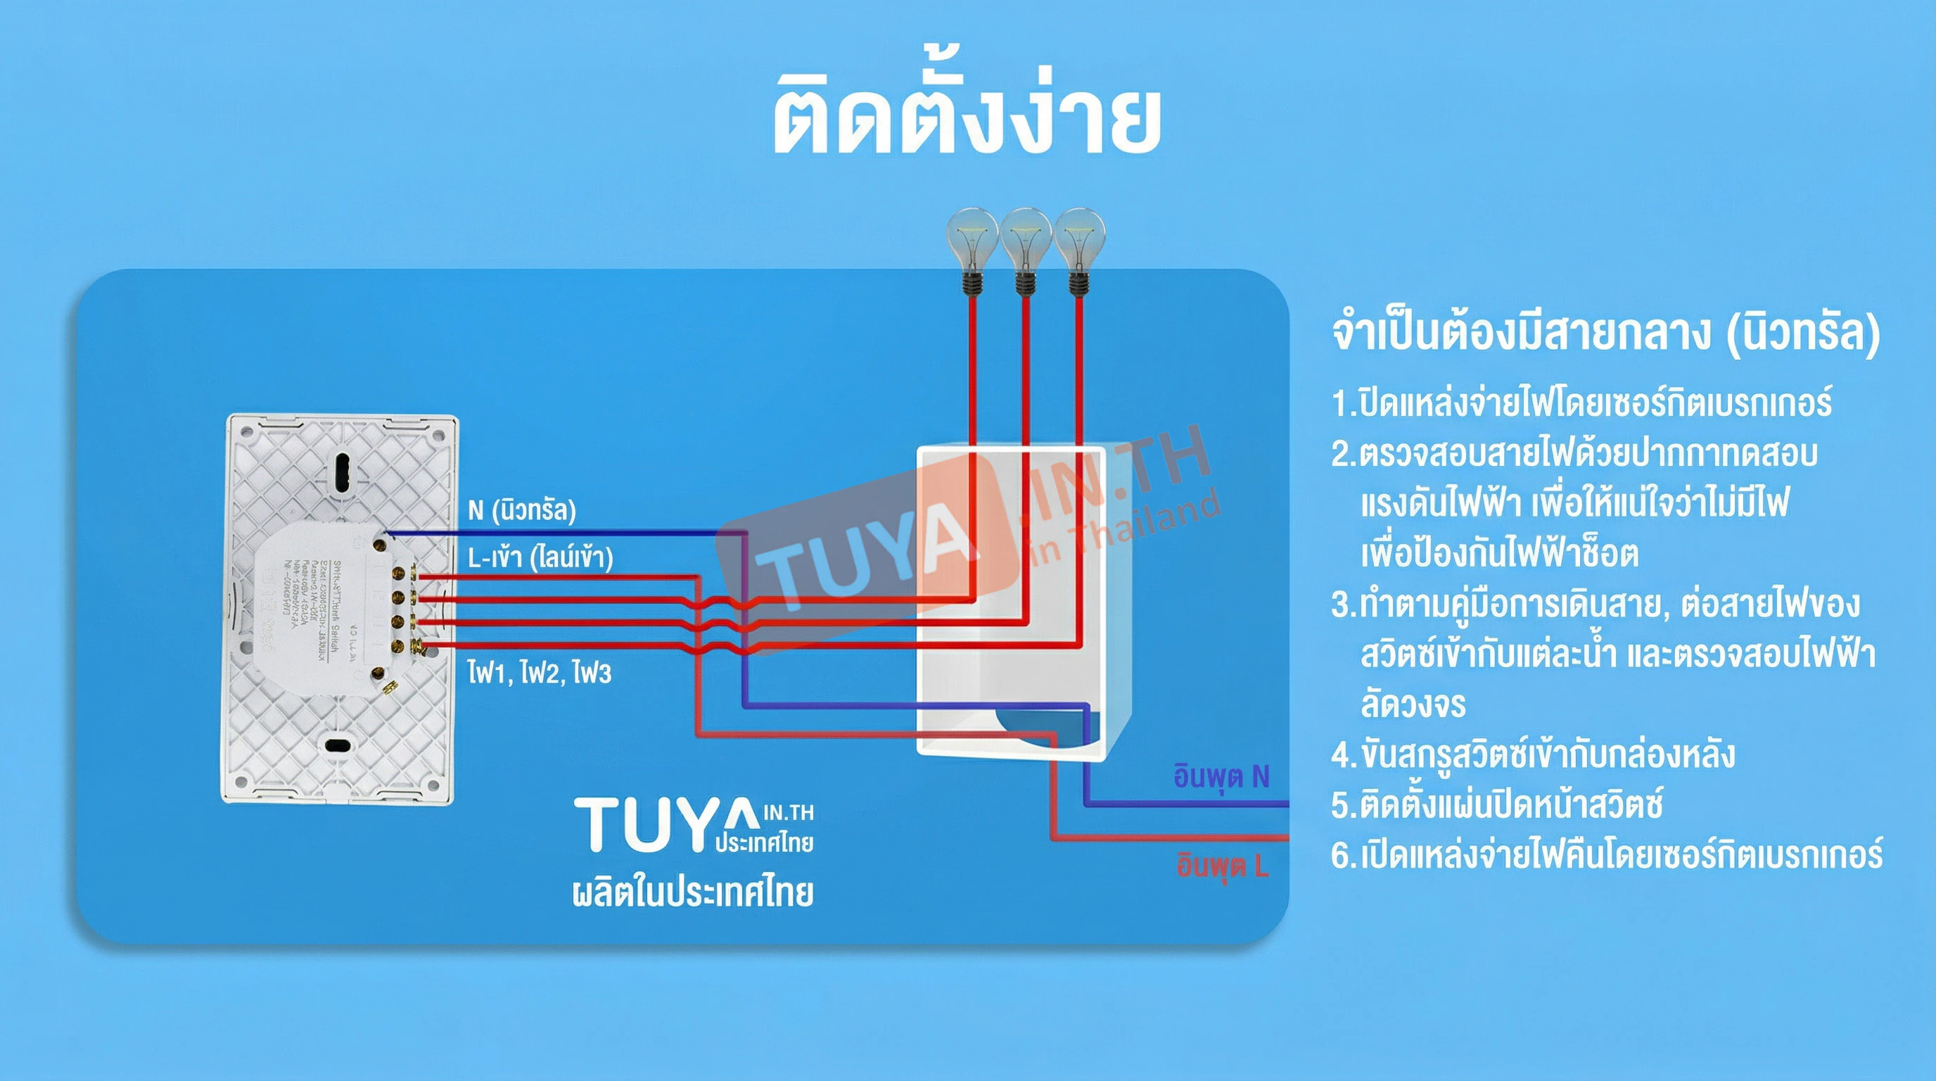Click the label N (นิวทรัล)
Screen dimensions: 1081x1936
point(521,510)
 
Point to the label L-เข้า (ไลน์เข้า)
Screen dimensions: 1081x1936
point(540,558)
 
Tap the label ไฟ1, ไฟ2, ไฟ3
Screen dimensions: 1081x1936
point(539,672)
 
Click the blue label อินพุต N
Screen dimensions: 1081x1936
point(1221,776)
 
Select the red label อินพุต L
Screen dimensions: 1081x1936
point(1222,866)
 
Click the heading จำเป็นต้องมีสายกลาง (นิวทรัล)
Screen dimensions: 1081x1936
point(1605,333)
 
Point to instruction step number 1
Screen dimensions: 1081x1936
point(1581,403)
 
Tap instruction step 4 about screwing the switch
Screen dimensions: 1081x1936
point(1533,754)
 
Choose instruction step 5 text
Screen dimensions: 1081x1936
point(1496,804)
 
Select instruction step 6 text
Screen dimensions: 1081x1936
point(1607,854)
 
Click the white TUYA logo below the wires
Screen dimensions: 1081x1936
point(693,826)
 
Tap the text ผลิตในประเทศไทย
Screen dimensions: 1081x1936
point(693,892)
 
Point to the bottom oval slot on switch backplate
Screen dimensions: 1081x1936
point(338,746)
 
